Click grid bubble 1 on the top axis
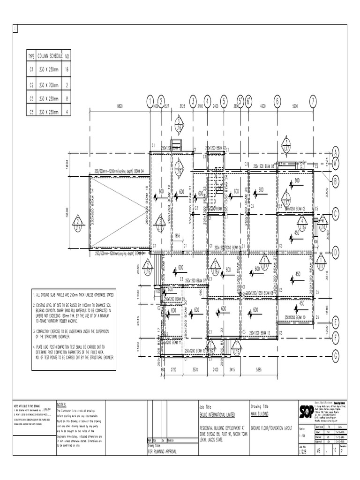click(150, 101)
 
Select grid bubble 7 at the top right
click(313, 101)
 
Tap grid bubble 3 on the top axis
click(193, 101)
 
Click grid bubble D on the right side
click(336, 253)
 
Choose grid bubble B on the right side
click(336, 180)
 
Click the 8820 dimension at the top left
click(120, 106)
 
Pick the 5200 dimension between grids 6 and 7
click(295, 106)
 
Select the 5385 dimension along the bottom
click(258, 369)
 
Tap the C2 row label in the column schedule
click(31, 85)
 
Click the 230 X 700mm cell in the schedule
click(49, 85)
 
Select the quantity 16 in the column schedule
click(67, 69)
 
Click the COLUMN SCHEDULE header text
click(50, 56)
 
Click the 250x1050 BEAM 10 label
click(295, 317)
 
